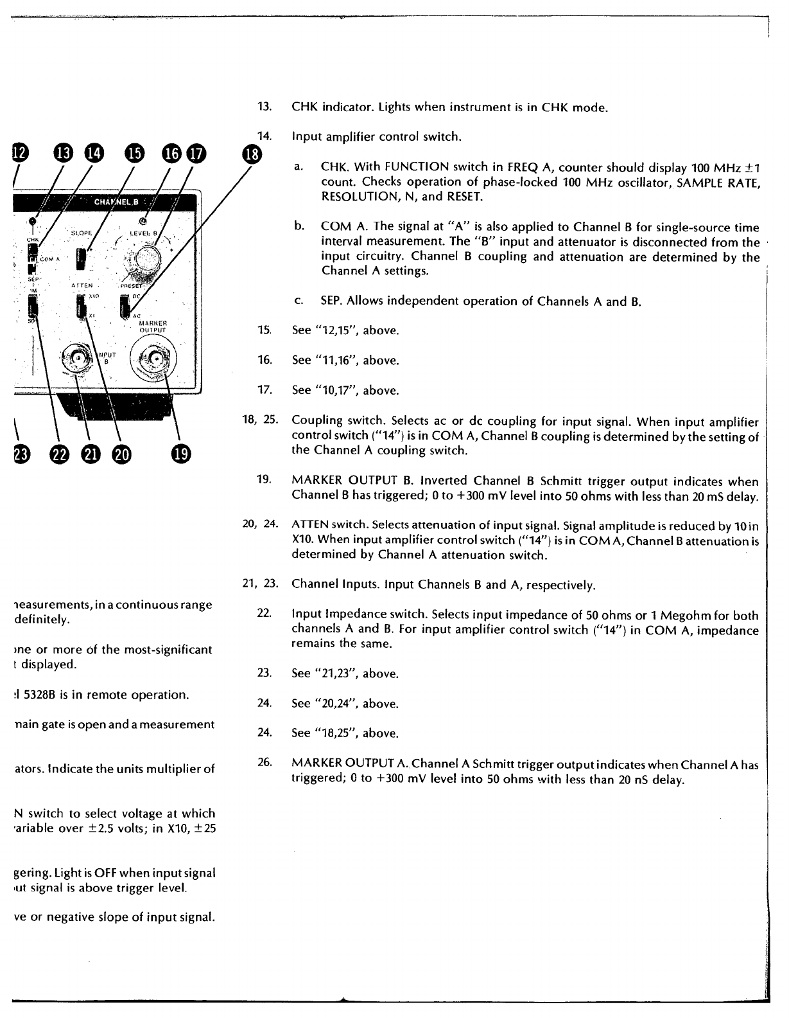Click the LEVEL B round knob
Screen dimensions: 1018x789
(x=147, y=258)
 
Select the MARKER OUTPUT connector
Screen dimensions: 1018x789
(x=152, y=359)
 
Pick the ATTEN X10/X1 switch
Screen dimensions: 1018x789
(x=80, y=307)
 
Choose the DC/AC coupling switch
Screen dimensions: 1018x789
(x=125, y=307)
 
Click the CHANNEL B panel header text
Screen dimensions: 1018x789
(x=113, y=203)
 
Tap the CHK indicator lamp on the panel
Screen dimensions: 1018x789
(x=33, y=222)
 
